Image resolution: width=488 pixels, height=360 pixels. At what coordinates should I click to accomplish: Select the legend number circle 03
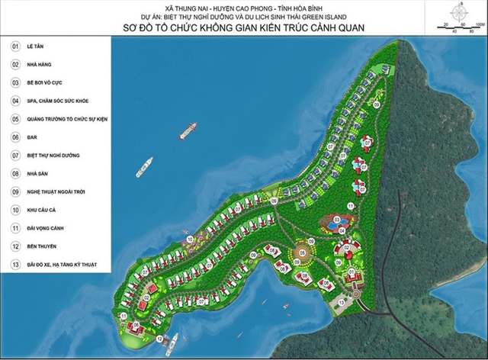(15, 82)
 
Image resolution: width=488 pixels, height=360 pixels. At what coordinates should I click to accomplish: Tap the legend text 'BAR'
(34, 137)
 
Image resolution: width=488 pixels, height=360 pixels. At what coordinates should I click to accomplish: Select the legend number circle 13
(15, 265)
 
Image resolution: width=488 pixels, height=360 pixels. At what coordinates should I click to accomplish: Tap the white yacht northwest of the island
(143, 167)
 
